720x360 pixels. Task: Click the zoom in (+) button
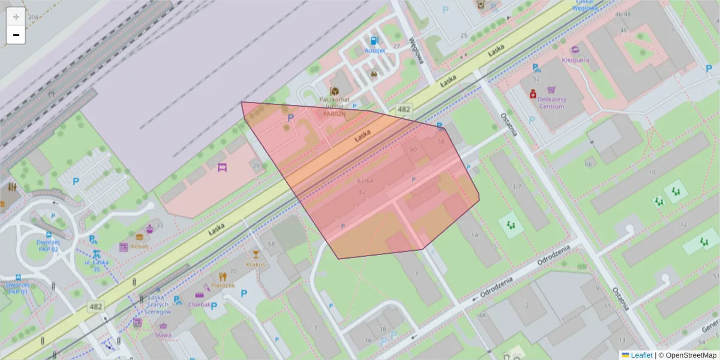pos(16,17)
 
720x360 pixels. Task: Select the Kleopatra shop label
pos(575,60)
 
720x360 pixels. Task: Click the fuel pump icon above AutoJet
pos(374,41)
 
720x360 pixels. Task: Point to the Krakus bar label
pos(256,264)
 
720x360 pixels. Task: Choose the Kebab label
pos(140,247)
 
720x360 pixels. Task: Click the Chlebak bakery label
pos(199,304)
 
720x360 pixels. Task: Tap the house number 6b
pos(589,163)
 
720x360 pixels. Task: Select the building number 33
pos(160,225)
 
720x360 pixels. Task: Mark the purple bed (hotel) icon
pos(223,167)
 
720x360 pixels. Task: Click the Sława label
pos(163,335)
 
